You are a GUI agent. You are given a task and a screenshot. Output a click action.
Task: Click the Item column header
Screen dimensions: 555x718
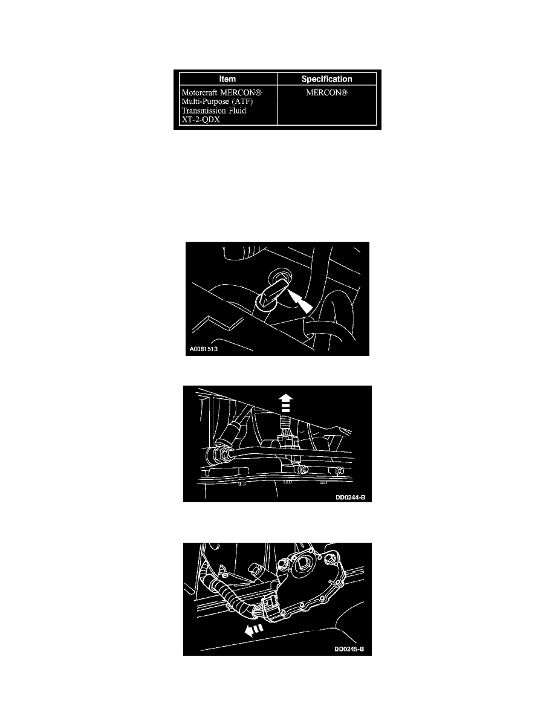(x=227, y=79)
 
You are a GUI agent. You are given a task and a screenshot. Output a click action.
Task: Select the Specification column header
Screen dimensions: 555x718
(x=326, y=79)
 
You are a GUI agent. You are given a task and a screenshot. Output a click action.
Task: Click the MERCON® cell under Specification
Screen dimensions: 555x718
(x=326, y=92)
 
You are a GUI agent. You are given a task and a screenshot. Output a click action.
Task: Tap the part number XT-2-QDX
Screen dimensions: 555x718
(x=201, y=120)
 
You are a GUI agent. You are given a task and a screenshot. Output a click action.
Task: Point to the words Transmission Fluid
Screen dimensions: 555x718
(x=214, y=111)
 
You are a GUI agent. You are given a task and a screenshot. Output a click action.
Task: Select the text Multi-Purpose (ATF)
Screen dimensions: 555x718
(x=217, y=102)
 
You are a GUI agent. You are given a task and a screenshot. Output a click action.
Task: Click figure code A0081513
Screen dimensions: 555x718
(x=203, y=349)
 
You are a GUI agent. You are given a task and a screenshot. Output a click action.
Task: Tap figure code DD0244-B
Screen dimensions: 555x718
(x=350, y=497)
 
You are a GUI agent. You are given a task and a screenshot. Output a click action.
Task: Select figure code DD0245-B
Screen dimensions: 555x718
(x=349, y=649)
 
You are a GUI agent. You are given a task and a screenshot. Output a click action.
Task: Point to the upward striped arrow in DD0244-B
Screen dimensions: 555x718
(x=285, y=403)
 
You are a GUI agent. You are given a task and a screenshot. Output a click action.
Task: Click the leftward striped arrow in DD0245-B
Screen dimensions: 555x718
(x=254, y=630)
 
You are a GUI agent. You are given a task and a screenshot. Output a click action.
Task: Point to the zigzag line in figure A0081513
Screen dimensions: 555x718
(x=218, y=325)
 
